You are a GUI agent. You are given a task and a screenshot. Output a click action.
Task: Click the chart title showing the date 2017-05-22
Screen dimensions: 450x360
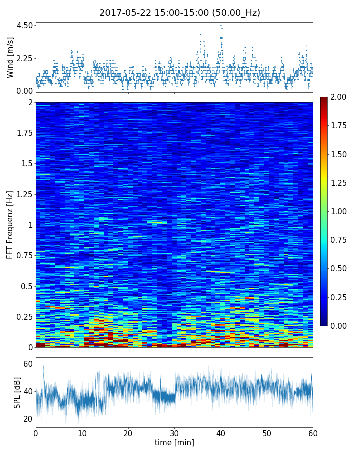click(180, 13)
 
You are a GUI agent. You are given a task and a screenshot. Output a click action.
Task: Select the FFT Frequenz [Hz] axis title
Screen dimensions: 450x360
click(10, 225)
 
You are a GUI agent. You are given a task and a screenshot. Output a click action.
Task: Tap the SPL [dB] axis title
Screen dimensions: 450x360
click(18, 393)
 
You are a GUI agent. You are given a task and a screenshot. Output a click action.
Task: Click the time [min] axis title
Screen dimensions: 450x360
click(174, 442)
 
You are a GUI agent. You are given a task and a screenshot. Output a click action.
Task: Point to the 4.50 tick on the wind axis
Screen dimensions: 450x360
click(25, 25)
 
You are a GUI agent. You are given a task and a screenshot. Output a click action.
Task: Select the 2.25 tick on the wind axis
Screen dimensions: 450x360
click(25, 58)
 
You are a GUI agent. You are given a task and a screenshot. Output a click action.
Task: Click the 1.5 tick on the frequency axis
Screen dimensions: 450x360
click(26, 164)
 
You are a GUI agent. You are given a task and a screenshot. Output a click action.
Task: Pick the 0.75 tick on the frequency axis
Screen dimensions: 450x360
click(24, 255)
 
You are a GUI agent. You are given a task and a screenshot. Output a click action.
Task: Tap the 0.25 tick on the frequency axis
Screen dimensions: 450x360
click(24, 317)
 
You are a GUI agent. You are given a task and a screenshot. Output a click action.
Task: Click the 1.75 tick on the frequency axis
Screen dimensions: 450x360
click(24, 133)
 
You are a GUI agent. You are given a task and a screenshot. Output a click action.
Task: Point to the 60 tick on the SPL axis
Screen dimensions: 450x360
click(27, 364)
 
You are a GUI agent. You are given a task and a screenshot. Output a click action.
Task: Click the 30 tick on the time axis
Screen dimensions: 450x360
click(174, 432)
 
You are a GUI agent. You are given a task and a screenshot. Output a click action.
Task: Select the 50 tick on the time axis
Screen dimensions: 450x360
click(267, 432)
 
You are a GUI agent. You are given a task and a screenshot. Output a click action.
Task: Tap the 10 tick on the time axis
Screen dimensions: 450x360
click(82, 432)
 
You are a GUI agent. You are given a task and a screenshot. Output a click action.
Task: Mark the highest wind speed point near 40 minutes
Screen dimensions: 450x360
click(221, 25)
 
